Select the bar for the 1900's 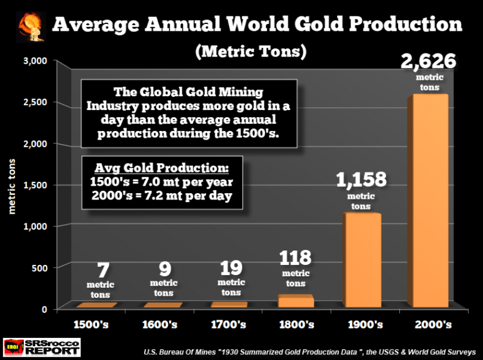coord(361,261)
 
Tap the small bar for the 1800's coord(295,301)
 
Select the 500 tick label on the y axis coord(38,267)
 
